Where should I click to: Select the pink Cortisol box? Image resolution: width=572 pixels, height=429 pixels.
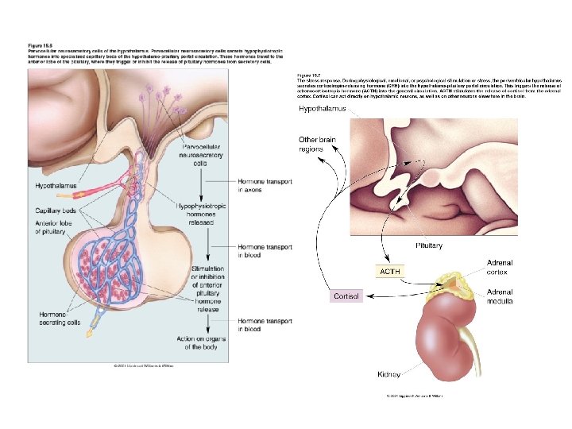click(x=346, y=296)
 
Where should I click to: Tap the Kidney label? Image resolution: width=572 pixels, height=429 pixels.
click(x=388, y=373)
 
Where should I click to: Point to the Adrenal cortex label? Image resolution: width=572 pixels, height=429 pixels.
click(x=500, y=268)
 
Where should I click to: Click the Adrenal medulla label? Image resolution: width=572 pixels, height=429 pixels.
click(x=500, y=297)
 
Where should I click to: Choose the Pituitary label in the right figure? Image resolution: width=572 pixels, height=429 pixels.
click(x=429, y=245)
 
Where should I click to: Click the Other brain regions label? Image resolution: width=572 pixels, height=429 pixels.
click(x=317, y=145)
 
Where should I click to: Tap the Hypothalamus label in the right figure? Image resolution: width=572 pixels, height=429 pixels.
click(x=323, y=109)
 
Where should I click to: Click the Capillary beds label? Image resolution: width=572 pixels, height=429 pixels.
click(x=56, y=211)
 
